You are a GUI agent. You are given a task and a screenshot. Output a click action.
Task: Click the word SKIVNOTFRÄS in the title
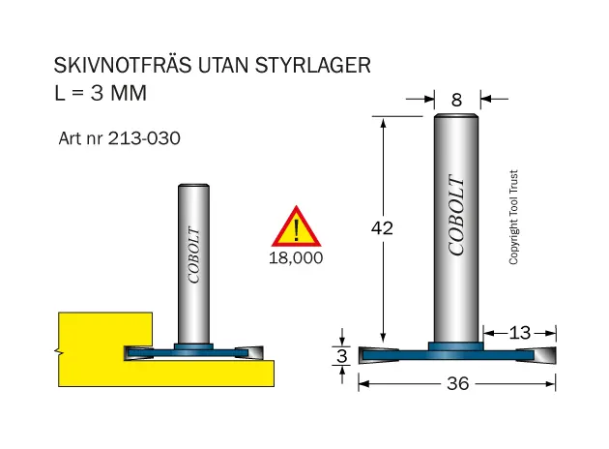point(123,65)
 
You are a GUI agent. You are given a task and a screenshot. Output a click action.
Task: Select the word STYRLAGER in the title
point(312,65)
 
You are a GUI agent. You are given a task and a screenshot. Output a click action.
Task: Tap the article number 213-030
point(144,138)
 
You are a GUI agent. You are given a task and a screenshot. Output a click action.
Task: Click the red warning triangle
point(297,226)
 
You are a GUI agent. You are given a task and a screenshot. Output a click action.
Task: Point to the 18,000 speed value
point(296,257)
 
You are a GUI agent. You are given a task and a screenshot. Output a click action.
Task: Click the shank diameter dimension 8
point(456,101)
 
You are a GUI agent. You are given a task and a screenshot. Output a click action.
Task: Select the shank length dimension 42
point(382,227)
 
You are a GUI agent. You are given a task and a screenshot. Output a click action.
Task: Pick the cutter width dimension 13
point(520,333)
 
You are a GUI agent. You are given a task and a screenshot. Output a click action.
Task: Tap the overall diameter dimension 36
point(458,384)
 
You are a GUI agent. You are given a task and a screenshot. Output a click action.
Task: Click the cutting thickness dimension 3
point(342,356)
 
